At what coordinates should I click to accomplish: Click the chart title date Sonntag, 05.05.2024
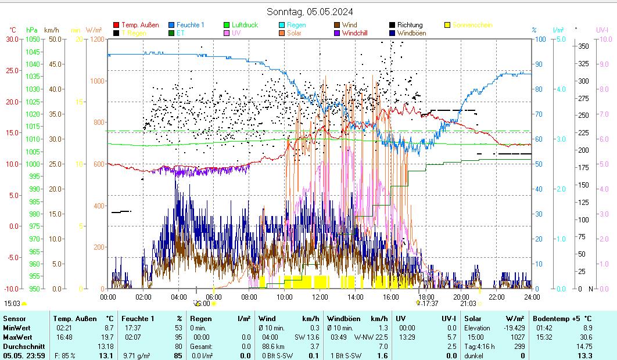[310, 12]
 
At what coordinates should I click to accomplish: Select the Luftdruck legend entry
[245, 25]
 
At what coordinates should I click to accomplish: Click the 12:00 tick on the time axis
[320, 297]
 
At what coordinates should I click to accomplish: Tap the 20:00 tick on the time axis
[461, 297]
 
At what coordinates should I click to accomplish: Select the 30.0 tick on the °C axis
[12, 39]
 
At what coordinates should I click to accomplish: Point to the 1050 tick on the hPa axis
[33, 39]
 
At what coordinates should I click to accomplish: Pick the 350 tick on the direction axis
[583, 46]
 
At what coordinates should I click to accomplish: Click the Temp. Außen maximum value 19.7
[106, 337]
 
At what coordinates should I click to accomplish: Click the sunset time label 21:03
[468, 303]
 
